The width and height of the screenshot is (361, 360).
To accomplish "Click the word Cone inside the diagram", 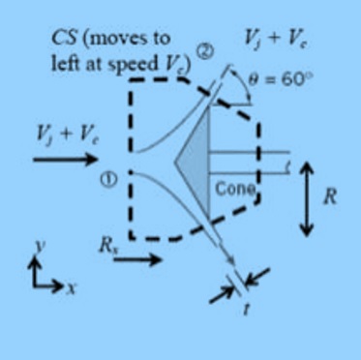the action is pos(233,190).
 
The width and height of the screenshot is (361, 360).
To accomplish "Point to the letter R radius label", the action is pos(330,197).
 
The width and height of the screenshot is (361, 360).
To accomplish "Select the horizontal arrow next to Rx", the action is pos(142,258).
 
